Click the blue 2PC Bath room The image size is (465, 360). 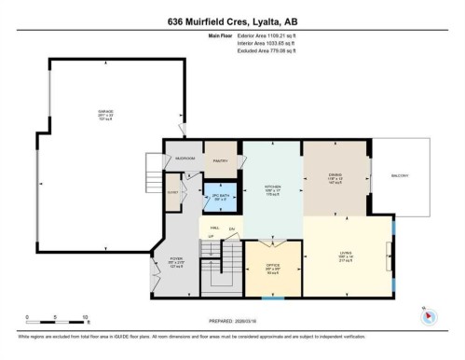[x=221, y=199]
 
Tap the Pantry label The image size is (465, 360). [x=221, y=160]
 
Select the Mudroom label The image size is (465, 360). [x=185, y=159]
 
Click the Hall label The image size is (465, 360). [x=214, y=227]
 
